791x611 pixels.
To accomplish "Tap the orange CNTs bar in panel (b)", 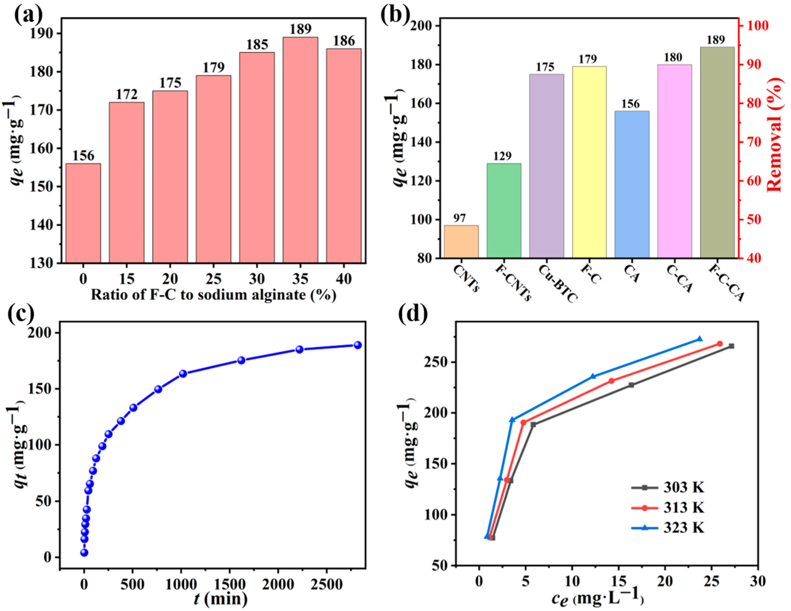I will (x=461, y=242).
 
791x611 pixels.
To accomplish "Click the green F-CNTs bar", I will (x=504, y=210).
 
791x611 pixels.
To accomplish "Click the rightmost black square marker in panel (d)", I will (x=731, y=346).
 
